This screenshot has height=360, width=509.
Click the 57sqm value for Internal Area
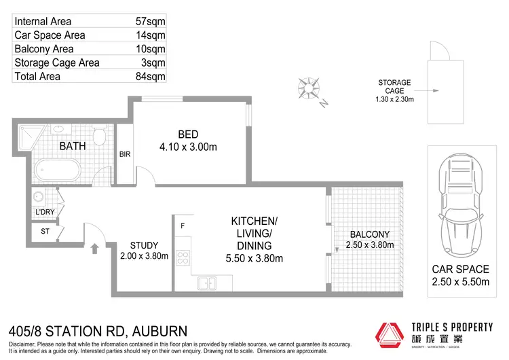click(x=150, y=22)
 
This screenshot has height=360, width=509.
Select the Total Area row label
click(x=37, y=76)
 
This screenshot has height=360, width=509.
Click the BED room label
click(x=189, y=134)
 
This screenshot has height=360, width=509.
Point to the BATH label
click(x=73, y=146)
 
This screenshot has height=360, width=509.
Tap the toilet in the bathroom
click(x=99, y=137)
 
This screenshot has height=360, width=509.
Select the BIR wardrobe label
click(x=125, y=155)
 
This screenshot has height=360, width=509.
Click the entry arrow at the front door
click(x=94, y=249)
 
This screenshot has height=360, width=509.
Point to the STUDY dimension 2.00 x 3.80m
click(x=143, y=256)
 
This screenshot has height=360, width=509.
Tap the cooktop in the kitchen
click(x=183, y=257)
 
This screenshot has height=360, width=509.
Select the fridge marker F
click(x=183, y=225)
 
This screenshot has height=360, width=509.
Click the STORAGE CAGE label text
click(x=394, y=86)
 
